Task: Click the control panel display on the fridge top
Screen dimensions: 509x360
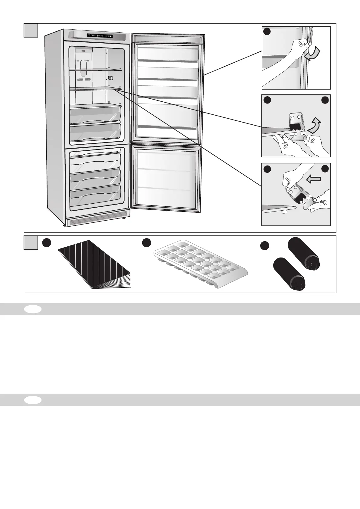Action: (100, 35)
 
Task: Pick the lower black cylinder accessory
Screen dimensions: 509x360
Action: (289, 274)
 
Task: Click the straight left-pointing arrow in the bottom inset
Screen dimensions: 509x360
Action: (313, 180)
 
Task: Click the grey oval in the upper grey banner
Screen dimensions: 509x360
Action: (33, 309)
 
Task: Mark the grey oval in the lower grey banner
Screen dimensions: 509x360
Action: (33, 400)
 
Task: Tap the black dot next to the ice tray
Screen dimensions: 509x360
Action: (147, 242)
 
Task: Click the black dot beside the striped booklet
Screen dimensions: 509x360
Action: (46, 242)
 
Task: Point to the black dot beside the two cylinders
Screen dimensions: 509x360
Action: (264, 246)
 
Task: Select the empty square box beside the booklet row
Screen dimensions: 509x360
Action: (31, 242)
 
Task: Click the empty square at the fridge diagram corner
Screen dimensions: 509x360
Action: (31, 30)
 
